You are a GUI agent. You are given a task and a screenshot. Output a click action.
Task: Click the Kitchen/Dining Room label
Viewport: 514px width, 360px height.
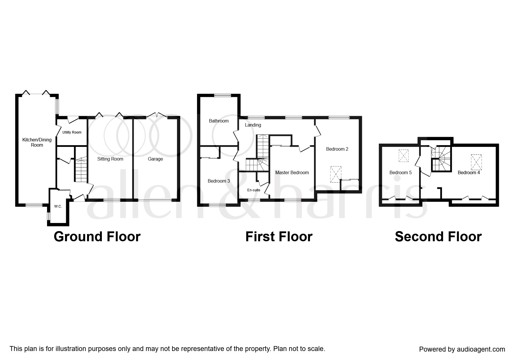pyautogui.click(x=37, y=142)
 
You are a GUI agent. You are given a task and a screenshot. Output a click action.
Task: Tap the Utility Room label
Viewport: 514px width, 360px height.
pyautogui.click(x=72, y=132)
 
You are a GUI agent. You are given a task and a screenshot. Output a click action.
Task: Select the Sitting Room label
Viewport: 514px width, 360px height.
pyautogui.click(x=110, y=159)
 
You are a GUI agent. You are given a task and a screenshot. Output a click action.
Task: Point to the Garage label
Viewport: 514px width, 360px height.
pyautogui.click(x=155, y=159)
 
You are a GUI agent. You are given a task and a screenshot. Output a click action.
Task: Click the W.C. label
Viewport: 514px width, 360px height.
pyautogui.click(x=58, y=206)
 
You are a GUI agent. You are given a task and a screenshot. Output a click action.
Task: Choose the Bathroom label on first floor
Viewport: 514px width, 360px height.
pyautogui.click(x=219, y=121)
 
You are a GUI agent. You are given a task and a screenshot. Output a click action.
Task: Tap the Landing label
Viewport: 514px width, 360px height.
pyautogui.click(x=253, y=125)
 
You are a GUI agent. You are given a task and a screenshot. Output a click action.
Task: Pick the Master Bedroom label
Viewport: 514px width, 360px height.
pyautogui.click(x=292, y=172)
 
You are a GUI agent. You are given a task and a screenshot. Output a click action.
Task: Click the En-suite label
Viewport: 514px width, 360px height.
pyautogui.click(x=254, y=190)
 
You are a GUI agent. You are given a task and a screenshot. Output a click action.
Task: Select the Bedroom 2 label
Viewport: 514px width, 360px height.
pyautogui.click(x=337, y=149)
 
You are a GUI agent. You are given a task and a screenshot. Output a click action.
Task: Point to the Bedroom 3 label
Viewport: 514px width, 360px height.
pyautogui.click(x=219, y=181)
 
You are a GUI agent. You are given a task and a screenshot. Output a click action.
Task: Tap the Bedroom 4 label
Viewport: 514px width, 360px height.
pyautogui.click(x=469, y=172)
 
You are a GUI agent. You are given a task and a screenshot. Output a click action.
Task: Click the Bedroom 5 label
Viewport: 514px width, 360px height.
pyautogui.click(x=401, y=172)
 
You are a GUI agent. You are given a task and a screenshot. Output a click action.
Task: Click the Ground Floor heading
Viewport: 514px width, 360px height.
pyautogui.click(x=97, y=237)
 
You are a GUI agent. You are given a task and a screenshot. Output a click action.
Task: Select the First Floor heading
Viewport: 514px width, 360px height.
pyautogui.click(x=279, y=237)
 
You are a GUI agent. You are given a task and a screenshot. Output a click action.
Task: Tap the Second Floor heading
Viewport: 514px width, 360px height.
pyautogui.click(x=438, y=237)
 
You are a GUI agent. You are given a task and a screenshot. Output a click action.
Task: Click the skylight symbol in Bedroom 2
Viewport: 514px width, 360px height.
pyautogui.click(x=336, y=174)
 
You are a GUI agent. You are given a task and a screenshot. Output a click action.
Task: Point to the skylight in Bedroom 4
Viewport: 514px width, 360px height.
pyautogui.click(x=476, y=162)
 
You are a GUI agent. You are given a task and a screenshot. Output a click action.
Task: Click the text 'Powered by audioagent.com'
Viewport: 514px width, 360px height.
pyautogui.click(x=462, y=349)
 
